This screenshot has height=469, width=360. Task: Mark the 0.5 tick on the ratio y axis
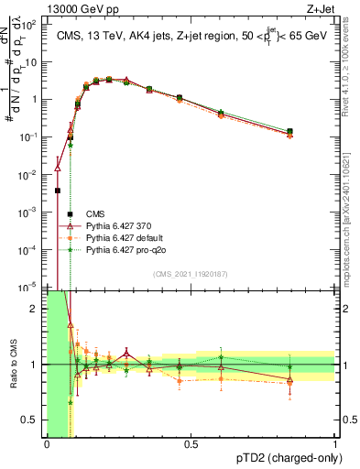33,420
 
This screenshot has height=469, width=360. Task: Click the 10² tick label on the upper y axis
32,25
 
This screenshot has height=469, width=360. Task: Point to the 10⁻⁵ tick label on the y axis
32,287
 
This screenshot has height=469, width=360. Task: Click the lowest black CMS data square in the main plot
58,191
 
